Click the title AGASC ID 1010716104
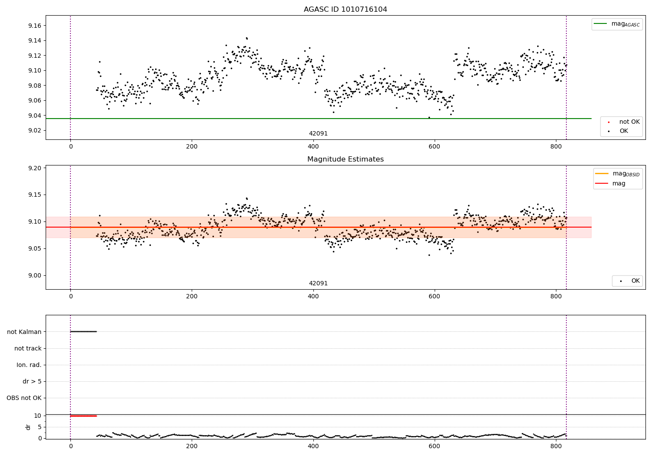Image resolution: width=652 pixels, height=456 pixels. click(345, 10)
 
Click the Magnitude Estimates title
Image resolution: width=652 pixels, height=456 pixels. click(345, 159)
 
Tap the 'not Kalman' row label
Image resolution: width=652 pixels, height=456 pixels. click(24, 332)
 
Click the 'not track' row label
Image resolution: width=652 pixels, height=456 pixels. click(28, 348)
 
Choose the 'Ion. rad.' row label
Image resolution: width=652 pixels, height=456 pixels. click(29, 365)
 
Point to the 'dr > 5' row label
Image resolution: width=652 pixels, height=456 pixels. click(32, 381)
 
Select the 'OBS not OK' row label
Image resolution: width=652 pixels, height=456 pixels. click(24, 398)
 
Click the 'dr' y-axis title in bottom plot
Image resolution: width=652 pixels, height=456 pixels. click(28, 427)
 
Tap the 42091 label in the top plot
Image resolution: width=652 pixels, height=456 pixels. click(318, 134)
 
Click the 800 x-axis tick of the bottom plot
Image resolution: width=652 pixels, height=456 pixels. click(556, 446)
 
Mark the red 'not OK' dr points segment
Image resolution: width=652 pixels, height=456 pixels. click(83, 416)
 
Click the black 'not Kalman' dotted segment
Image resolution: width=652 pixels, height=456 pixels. click(83, 332)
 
